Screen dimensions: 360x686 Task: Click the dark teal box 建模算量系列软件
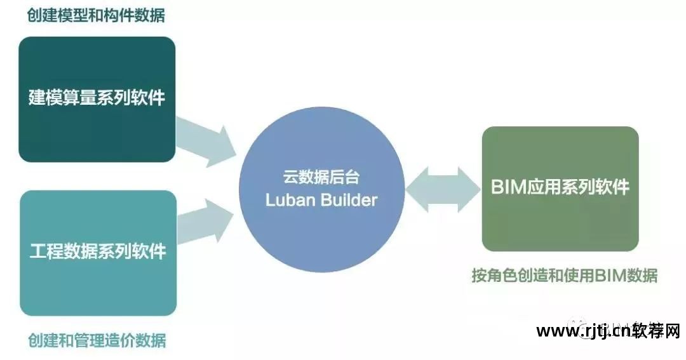(x=97, y=99)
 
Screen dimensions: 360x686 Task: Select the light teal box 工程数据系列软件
(x=98, y=253)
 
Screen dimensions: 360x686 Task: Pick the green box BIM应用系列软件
(x=560, y=189)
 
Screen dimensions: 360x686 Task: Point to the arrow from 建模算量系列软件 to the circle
(x=205, y=141)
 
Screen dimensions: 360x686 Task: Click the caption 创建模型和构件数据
(x=96, y=15)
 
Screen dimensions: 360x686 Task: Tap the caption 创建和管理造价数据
(x=97, y=340)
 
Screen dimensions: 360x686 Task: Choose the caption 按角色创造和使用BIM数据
(x=564, y=276)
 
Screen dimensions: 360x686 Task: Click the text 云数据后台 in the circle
(x=321, y=180)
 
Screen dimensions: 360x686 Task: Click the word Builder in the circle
(x=349, y=201)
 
